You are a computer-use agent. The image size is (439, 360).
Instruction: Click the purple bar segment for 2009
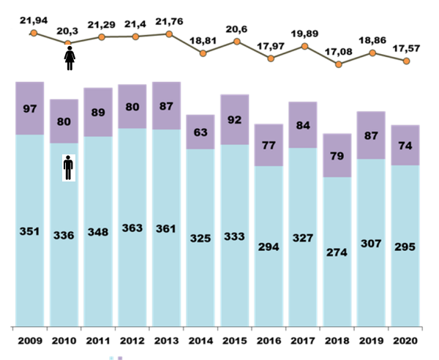(x=30, y=108)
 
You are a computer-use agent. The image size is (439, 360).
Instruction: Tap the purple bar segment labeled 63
(x=200, y=132)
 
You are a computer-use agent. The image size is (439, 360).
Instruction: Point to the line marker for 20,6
(x=237, y=41)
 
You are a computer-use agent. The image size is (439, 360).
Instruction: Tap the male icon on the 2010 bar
(x=69, y=168)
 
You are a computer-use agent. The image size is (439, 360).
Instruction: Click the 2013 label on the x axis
(x=167, y=341)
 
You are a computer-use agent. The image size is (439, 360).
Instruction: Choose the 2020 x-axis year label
(x=405, y=341)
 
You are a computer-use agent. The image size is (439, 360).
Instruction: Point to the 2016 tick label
(x=269, y=341)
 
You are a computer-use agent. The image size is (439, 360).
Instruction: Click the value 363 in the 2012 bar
(x=132, y=228)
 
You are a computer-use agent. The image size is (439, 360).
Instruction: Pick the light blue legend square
(x=112, y=358)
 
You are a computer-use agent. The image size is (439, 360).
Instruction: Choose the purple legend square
(x=121, y=358)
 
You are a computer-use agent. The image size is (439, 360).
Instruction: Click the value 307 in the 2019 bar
(x=371, y=244)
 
